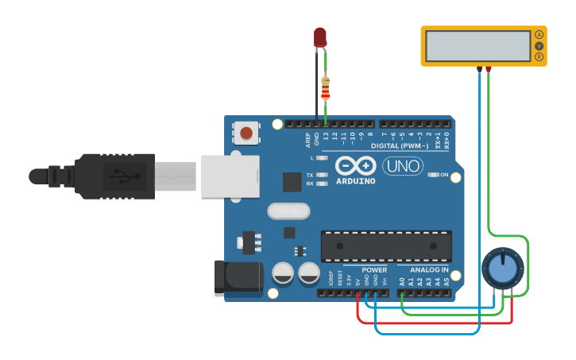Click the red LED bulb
[320, 37]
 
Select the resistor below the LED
[325, 87]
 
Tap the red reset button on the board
[246, 133]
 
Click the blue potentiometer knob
[502, 269]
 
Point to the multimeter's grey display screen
[477, 46]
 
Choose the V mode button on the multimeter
[539, 46]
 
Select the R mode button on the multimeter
[539, 57]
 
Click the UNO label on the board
[403, 166]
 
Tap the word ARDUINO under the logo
[355, 181]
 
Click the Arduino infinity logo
[355, 166]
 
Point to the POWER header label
[374, 270]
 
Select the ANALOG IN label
[429, 270]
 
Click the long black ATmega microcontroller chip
[386, 246]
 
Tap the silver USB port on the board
[230, 176]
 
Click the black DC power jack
[239, 277]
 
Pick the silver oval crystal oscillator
[288, 211]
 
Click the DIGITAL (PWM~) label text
[400, 146]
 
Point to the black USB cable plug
[111, 176]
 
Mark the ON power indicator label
[444, 175]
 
